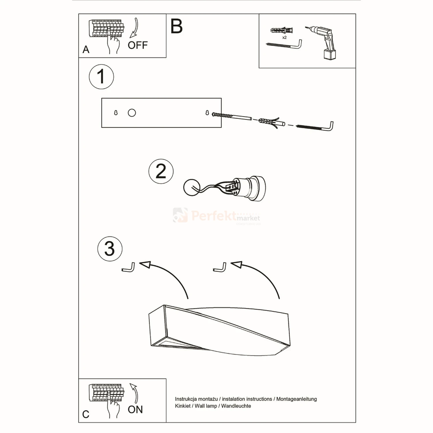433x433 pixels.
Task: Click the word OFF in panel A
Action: tap(138, 45)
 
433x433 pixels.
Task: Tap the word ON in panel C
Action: tap(135, 410)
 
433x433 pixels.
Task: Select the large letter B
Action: tap(176, 26)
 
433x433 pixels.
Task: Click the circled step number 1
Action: tap(101, 76)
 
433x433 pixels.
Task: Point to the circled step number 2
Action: tap(161, 171)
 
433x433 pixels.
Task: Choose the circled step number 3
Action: tap(110, 249)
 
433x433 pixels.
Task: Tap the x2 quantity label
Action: tap(284, 38)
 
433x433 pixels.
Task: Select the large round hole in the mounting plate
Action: tap(132, 113)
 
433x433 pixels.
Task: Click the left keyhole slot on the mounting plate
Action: tap(116, 113)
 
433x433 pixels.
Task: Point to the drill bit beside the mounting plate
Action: tap(232, 116)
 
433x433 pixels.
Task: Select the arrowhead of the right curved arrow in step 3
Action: tap(236, 264)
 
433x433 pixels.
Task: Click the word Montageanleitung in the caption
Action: tap(296, 399)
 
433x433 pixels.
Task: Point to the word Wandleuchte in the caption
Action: tap(236, 406)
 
